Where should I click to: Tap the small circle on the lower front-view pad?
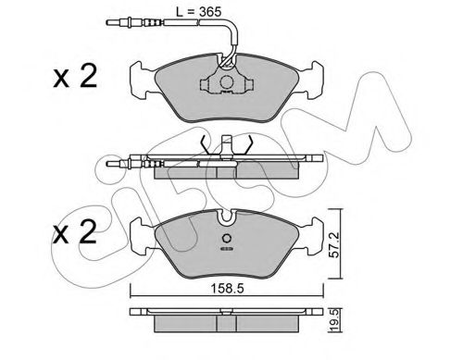coord(225,234)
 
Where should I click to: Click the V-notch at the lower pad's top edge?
coord(225,217)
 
